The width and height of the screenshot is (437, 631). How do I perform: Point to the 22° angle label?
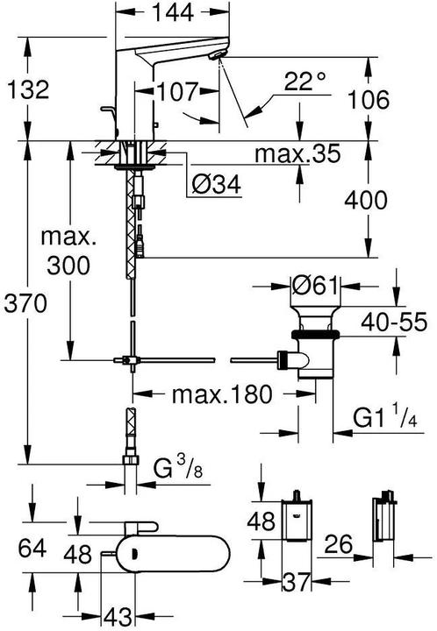click(x=304, y=82)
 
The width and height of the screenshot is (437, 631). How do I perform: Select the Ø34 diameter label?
click(x=214, y=185)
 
